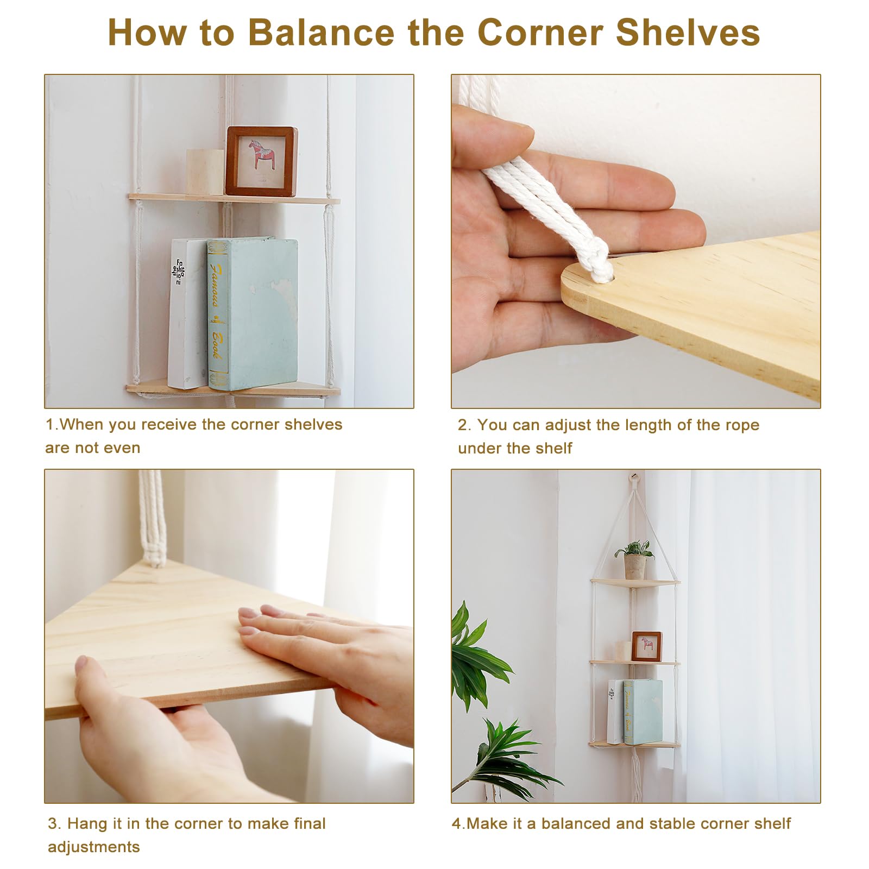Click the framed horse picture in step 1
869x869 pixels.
click(261, 161)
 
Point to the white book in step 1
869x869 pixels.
click(187, 313)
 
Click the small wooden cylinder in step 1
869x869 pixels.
click(205, 172)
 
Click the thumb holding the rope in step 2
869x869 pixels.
click(492, 136)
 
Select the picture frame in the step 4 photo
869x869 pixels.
click(646, 646)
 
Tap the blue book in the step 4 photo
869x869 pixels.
click(643, 711)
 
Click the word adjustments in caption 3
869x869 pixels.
click(94, 847)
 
